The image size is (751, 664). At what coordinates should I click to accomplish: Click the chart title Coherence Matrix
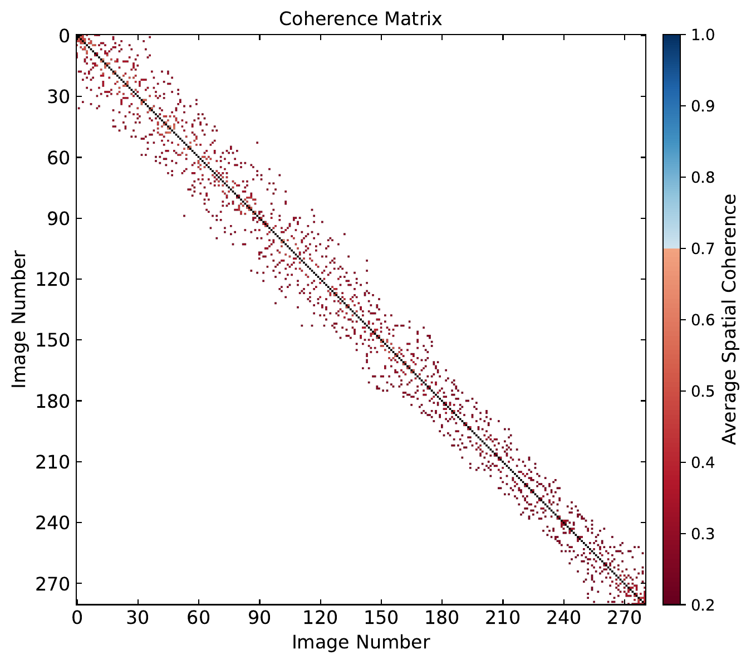point(360,19)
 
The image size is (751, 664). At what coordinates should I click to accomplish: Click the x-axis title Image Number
point(361,642)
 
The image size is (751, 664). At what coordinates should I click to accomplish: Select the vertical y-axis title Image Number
point(19,319)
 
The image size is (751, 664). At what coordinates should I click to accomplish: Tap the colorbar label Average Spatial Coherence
point(729,319)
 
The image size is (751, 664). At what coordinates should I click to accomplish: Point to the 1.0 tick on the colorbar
point(703,35)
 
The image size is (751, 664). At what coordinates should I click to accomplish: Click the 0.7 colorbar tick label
point(703,248)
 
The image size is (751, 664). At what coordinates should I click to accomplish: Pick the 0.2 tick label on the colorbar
point(703,604)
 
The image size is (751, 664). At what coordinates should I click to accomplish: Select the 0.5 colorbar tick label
point(703,391)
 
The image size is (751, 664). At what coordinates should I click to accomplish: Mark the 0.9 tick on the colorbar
point(703,106)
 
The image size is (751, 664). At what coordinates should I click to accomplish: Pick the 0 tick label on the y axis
point(63,36)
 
